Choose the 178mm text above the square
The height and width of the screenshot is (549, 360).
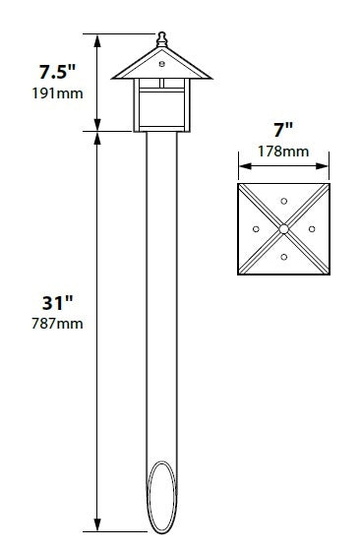(282, 152)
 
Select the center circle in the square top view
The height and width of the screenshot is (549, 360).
(283, 228)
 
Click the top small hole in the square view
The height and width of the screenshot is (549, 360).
(283, 201)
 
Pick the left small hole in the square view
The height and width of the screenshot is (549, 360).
(256, 228)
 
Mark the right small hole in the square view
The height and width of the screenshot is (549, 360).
(311, 228)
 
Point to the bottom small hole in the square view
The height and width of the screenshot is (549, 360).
(283, 257)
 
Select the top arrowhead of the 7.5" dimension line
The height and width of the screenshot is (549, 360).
(95, 37)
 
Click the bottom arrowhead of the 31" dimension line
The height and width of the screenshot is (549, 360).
(95, 528)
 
